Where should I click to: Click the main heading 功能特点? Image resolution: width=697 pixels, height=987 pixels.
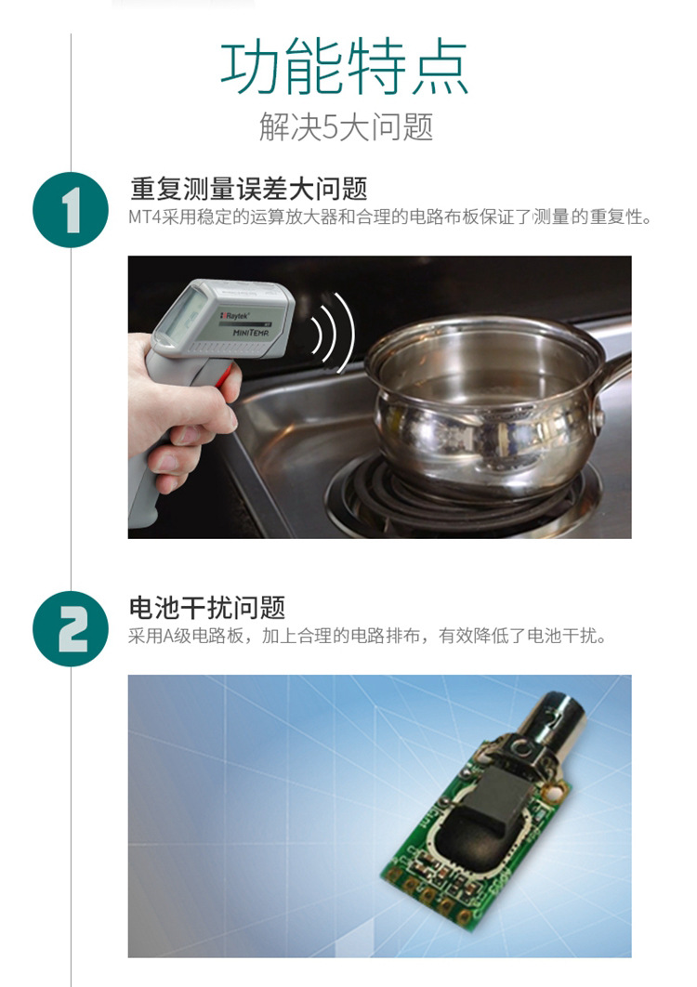pyautogui.click(x=344, y=67)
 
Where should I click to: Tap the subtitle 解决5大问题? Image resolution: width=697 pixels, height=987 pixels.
pyautogui.click(x=346, y=127)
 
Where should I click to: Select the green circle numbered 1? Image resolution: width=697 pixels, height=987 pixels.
pyautogui.click(x=71, y=210)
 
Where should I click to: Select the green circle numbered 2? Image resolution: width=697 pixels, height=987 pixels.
pyautogui.click(x=71, y=629)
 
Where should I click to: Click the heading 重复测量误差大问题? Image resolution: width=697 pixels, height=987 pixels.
pyautogui.click(x=249, y=189)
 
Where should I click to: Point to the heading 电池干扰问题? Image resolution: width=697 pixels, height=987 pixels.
pyautogui.click(x=207, y=608)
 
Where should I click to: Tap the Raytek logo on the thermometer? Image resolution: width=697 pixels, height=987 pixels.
pyautogui.click(x=235, y=315)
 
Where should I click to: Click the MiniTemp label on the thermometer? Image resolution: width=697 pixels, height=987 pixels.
pyautogui.click(x=251, y=333)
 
